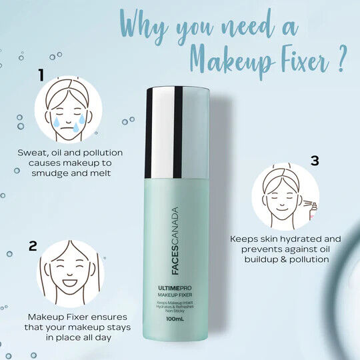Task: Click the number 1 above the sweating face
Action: point(41,74)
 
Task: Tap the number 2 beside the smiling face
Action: point(33,246)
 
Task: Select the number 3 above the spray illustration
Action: point(315,160)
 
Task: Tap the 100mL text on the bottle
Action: point(175,319)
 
